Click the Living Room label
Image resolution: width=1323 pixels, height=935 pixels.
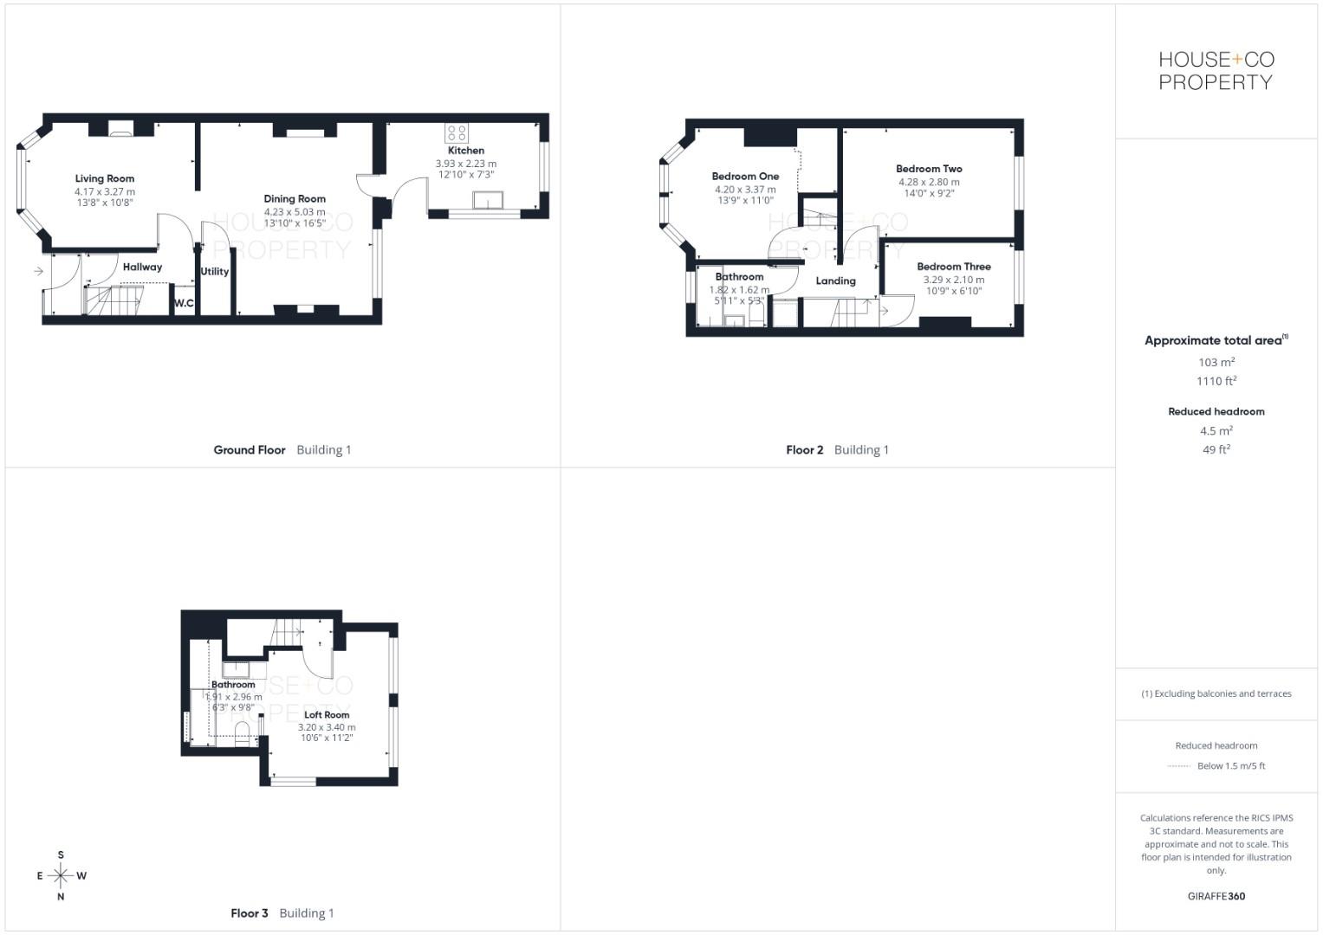(104, 179)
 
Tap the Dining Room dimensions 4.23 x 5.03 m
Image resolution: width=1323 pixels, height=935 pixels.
(295, 212)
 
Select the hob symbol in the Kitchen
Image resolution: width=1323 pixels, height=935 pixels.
(457, 133)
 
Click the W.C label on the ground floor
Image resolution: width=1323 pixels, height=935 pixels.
(184, 304)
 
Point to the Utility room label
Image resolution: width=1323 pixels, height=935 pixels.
(215, 272)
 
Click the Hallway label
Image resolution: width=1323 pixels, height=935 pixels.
(142, 268)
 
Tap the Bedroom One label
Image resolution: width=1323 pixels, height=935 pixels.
(745, 177)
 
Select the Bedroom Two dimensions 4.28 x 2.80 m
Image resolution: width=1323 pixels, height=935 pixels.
(929, 183)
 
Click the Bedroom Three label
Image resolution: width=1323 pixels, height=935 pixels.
(953, 267)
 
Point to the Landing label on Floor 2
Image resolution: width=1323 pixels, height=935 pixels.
(835, 281)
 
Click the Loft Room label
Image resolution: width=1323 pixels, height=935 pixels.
(327, 715)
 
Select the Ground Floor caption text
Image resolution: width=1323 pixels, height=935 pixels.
(250, 450)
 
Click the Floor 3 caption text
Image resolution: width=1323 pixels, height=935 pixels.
(250, 913)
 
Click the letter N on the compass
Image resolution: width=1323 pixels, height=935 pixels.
(61, 897)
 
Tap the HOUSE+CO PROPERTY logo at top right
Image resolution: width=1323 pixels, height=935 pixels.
(1216, 71)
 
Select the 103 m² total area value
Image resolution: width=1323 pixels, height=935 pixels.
(1216, 363)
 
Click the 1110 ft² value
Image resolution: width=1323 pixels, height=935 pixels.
(1216, 381)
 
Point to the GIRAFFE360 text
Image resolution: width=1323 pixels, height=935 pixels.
(1216, 897)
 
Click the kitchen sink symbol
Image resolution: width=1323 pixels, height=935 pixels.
(490, 201)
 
